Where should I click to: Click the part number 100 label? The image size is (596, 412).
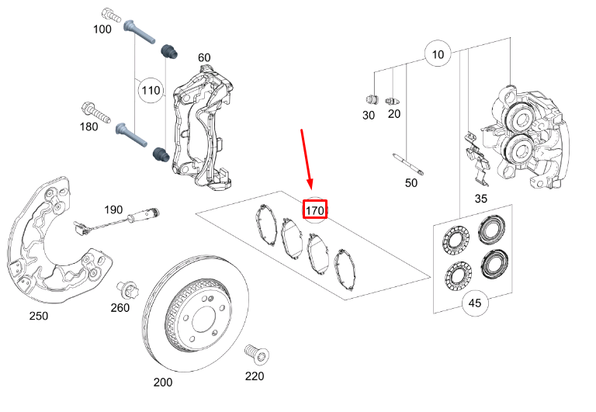(x=102, y=29)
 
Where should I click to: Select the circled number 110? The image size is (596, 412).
(x=151, y=90)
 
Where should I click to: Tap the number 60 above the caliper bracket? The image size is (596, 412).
(x=204, y=57)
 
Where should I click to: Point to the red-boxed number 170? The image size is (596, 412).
(x=315, y=210)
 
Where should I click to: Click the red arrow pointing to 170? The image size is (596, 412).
(x=307, y=159)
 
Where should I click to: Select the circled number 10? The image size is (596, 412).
(x=438, y=54)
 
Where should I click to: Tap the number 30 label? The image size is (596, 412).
(x=369, y=115)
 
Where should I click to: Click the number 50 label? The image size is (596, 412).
(x=411, y=183)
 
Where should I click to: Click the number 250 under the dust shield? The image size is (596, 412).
(x=38, y=316)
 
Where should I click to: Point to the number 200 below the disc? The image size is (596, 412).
(x=163, y=383)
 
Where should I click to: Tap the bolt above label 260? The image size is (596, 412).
(x=127, y=291)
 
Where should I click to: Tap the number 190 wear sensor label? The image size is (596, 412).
(x=114, y=209)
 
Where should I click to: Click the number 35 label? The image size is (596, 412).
(x=481, y=199)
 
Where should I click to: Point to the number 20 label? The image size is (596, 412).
(x=394, y=115)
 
